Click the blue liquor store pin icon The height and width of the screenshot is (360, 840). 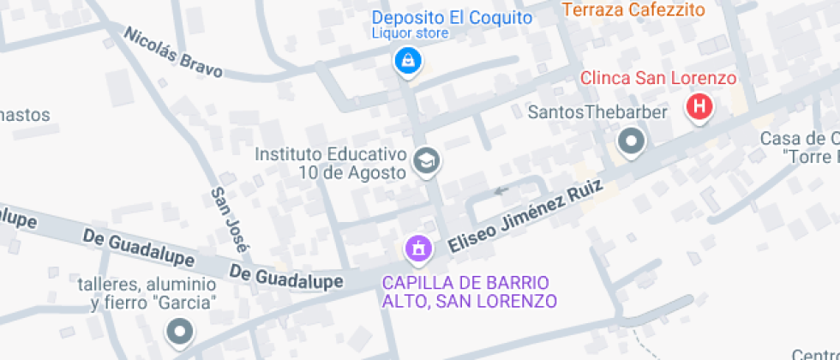click(408, 61)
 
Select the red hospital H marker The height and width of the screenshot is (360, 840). click(699, 107)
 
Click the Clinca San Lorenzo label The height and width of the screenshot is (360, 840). click(658, 78)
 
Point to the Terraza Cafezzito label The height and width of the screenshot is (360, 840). click(633, 10)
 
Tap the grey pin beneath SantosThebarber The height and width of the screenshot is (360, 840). click(632, 141)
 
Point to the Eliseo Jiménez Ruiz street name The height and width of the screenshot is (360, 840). click(525, 218)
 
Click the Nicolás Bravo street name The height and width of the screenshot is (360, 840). click(174, 52)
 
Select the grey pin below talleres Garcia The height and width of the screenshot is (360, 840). click(179, 331)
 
